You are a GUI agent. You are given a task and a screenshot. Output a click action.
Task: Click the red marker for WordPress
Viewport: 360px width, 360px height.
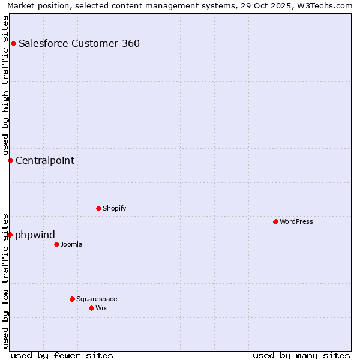tap(275, 221)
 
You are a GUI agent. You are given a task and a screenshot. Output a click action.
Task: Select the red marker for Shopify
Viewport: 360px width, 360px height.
tap(98, 208)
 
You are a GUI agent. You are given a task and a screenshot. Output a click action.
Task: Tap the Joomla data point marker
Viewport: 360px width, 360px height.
tap(56, 244)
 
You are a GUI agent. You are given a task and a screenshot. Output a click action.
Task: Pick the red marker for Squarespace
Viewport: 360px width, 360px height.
tap(72, 299)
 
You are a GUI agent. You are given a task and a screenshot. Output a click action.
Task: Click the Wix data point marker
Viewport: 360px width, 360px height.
tap(91, 308)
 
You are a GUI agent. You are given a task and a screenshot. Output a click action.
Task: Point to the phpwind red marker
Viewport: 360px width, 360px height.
tap(10, 235)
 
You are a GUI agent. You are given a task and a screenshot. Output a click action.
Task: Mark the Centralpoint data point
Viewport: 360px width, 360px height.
tap(10, 160)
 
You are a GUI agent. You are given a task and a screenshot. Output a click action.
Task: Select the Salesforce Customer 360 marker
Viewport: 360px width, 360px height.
tap(13, 43)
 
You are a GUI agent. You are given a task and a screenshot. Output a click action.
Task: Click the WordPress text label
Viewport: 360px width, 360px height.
tap(296, 221)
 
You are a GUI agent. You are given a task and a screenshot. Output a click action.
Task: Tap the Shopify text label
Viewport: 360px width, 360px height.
tap(114, 208)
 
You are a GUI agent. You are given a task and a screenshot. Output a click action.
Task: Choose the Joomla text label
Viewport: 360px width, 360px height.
tap(71, 244)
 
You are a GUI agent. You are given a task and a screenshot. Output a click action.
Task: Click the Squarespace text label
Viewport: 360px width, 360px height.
tap(97, 299)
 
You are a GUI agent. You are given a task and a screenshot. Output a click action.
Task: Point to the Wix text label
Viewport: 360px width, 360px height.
tap(101, 308)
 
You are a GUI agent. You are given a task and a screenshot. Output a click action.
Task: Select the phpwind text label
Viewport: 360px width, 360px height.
tap(35, 235)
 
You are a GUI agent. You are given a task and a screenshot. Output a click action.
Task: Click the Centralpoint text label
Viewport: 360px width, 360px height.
tap(45, 160)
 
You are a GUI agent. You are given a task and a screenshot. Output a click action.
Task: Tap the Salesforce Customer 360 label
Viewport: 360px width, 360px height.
tap(79, 43)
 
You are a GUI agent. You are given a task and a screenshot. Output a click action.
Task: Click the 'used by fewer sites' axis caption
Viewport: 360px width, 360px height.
tap(62, 355)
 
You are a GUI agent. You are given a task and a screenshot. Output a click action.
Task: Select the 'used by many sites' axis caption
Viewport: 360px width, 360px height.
tap(301, 355)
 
